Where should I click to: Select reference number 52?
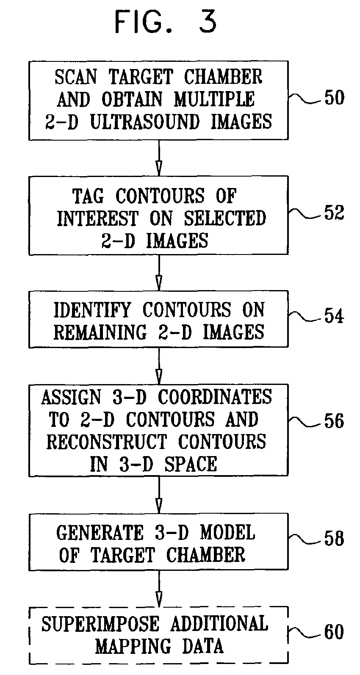coord(334,212)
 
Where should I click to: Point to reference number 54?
coord(334,316)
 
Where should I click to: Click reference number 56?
coord(334,421)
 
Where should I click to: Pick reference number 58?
coord(334,539)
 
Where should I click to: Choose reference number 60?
coord(334,632)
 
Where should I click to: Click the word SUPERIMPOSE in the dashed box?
coord(100,624)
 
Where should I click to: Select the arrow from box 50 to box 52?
coord(159,157)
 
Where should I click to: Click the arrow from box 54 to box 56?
coord(159,365)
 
